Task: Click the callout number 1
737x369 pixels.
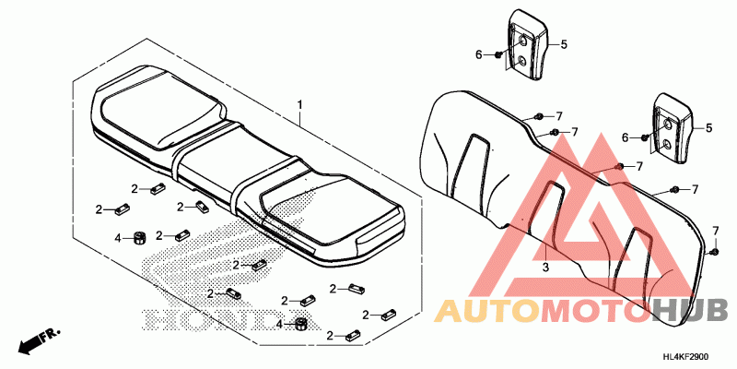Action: tap(299, 107)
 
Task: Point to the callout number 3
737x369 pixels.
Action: tap(544, 267)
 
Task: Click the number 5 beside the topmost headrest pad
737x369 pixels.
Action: tap(564, 43)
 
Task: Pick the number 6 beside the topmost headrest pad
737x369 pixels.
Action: tap(479, 55)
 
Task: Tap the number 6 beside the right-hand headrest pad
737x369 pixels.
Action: tap(625, 137)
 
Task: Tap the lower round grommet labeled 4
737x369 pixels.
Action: tap(300, 322)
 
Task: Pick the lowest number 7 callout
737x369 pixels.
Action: tap(714, 230)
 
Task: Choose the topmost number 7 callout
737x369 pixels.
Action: tap(558, 116)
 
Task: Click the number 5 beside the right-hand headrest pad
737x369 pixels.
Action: tap(708, 127)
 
